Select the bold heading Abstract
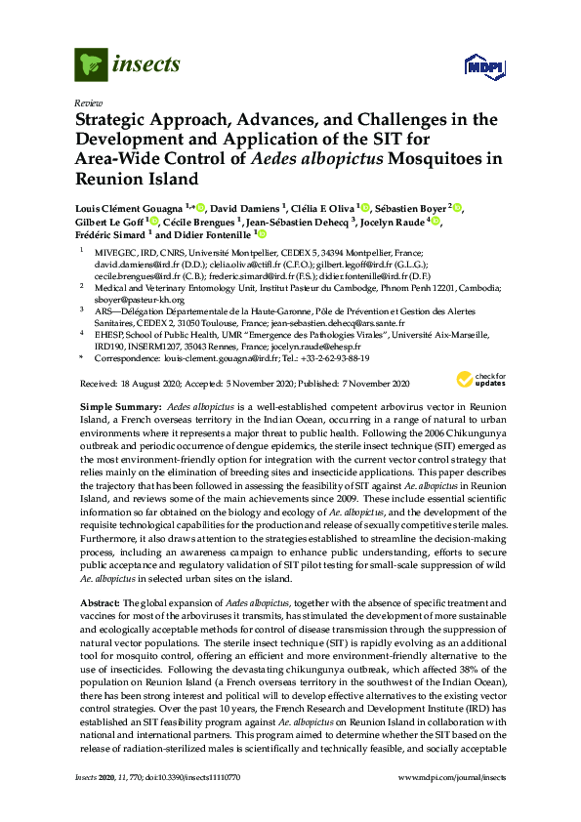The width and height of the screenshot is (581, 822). [x=99, y=605]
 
